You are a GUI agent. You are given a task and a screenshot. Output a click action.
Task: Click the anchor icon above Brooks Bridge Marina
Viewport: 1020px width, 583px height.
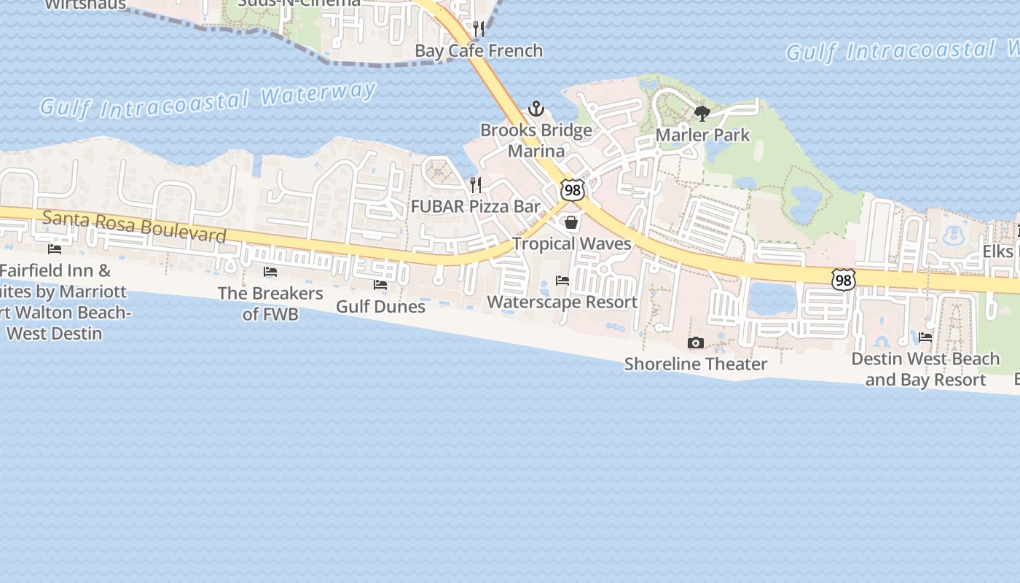pyautogui.click(x=536, y=109)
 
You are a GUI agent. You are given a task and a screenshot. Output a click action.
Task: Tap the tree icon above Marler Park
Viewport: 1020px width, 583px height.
pyautogui.click(x=702, y=114)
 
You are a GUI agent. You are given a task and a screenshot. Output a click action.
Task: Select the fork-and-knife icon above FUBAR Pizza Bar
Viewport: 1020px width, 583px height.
pyautogui.click(x=476, y=185)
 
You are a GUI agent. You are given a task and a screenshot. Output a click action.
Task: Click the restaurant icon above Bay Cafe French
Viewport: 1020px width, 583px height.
pyautogui.click(x=479, y=29)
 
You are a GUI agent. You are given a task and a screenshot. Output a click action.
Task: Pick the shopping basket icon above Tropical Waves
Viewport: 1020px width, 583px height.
pyautogui.click(x=571, y=222)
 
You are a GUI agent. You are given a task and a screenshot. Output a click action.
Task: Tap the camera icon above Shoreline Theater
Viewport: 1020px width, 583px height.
pyautogui.click(x=696, y=343)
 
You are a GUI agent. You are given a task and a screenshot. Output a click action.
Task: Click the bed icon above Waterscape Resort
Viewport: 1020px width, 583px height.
pyautogui.click(x=562, y=281)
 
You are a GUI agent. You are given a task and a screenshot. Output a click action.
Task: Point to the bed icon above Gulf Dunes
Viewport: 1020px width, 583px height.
pyautogui.click(x=380, y=285)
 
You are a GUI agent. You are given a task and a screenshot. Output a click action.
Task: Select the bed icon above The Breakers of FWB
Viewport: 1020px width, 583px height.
pyautogui.click(x=270, y=272)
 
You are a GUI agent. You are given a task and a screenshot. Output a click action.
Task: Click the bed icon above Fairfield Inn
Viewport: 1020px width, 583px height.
pyautogui.click(x=55, y=249)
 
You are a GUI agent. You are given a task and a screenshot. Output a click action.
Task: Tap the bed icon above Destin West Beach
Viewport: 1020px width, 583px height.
pyautogui.click(x=925, y=337)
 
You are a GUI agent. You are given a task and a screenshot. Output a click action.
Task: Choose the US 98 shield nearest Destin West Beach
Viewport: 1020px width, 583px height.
pyautogui.click(x=843, y=279)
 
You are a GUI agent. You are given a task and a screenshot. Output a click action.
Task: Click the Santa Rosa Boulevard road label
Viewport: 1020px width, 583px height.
pyautogui.click(x=134, y=227)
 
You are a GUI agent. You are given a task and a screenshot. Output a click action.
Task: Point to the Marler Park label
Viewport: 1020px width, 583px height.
pyautogui.click(x=702, y=136)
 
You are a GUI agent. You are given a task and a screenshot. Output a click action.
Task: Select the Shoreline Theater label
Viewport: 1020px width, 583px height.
pyautogui.click(x=696, y=364)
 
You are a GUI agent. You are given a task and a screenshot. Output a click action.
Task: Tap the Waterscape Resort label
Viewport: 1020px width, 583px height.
pyautogui.click(x=562, y=302)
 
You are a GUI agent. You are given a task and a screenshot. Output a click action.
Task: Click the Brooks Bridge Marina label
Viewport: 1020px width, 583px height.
pyautogui.click(x=536, y=141)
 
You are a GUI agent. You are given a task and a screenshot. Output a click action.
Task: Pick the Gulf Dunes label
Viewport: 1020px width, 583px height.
pyautogui.click(x=380, y=306)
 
